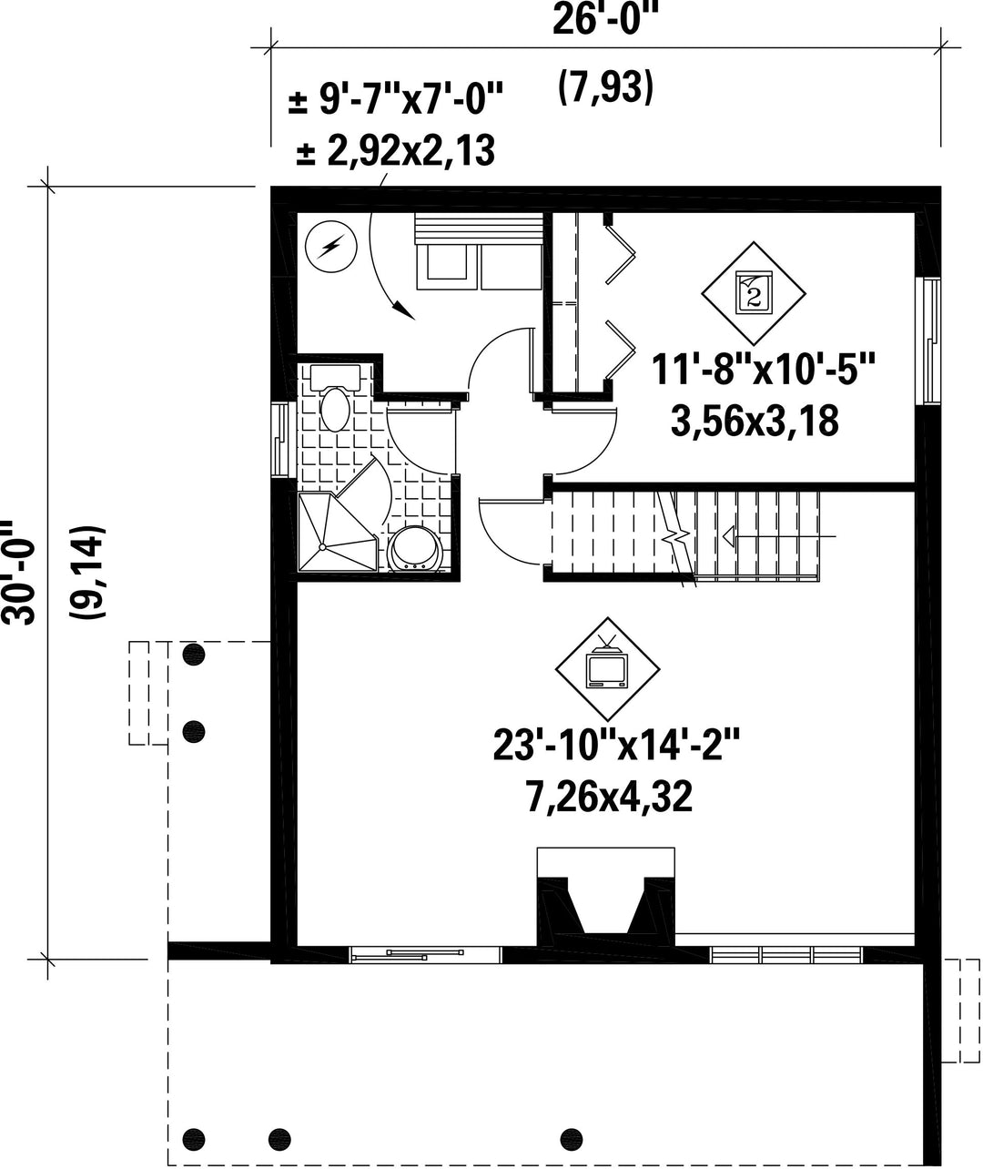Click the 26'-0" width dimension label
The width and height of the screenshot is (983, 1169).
click(605, 21)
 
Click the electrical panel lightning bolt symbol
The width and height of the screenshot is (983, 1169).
click(331, 247)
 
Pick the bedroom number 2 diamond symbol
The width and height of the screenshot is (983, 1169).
click(754, 293)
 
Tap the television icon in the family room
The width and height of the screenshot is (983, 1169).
click(607, 668)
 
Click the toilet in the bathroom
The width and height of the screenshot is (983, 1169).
click(335, 399)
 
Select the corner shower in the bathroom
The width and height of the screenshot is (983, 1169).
click(338, 531)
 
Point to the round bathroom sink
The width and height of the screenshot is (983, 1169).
click(417, 549)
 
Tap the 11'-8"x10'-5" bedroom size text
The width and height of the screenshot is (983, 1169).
click(763, 369)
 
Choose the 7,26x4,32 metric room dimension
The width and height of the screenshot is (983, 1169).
click(609, 797)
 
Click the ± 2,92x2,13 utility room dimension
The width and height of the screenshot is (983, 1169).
click(395, 150)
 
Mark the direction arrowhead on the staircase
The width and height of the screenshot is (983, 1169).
click(729, 535)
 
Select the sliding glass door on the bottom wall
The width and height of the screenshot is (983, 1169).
click(426, 954)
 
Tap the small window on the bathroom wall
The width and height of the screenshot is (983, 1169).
click(279, 439)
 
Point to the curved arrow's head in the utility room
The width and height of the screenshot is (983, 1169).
click(405, 310)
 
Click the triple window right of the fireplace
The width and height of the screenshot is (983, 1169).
click(787, 954)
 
